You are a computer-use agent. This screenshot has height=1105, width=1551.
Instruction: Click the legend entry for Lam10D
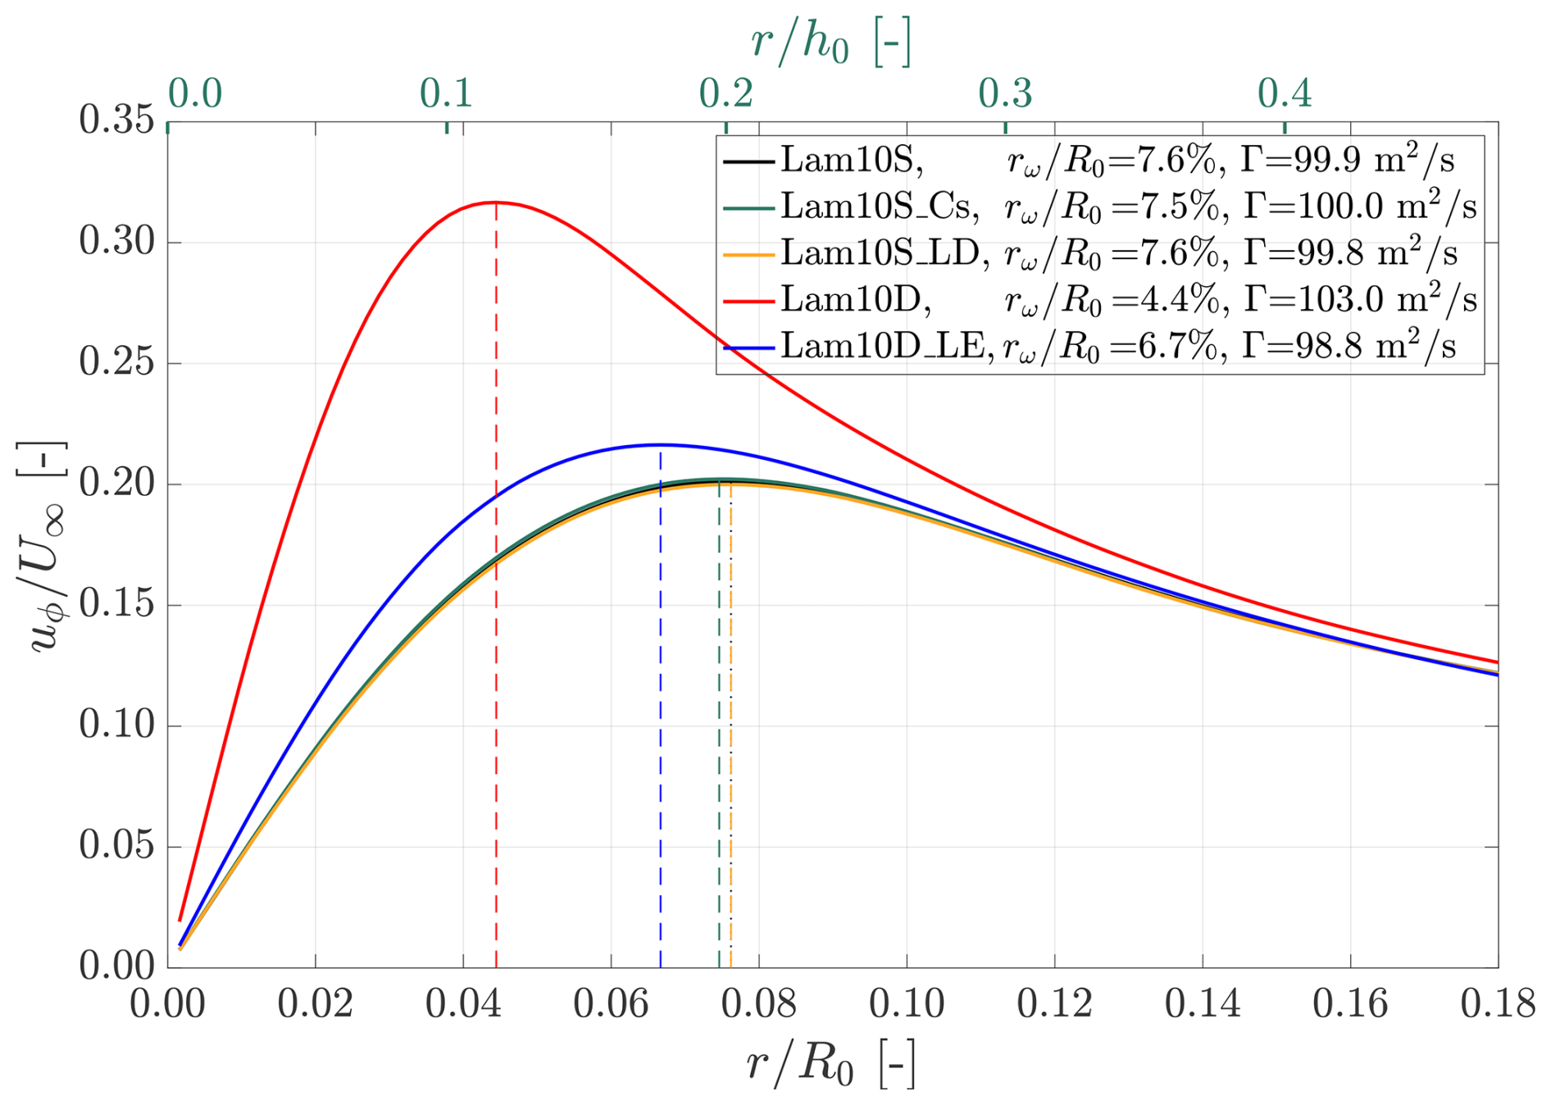click(856, 301)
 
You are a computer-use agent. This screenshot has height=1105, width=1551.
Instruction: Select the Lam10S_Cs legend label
click(879, 207)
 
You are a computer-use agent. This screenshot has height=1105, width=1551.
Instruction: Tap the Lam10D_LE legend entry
click(887, 348)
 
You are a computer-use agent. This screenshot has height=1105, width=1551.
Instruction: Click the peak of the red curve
click(496, 202)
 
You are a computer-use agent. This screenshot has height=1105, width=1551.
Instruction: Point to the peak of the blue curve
click(661, 444)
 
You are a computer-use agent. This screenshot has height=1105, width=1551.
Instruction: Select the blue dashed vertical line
click(661, 738)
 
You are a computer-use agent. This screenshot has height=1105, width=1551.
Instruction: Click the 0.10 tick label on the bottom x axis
click(907, 1004)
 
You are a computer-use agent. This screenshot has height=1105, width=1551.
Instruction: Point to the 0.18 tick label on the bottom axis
click(1497, 1004)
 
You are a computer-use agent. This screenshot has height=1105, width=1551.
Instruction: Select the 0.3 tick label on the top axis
click(1005, 95)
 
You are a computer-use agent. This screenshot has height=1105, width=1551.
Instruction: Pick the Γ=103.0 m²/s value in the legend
click(1359, 301)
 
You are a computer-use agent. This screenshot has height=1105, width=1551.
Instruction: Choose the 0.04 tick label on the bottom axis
click(463, 1004)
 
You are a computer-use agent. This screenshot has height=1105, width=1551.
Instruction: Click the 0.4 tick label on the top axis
click(1285, 95)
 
